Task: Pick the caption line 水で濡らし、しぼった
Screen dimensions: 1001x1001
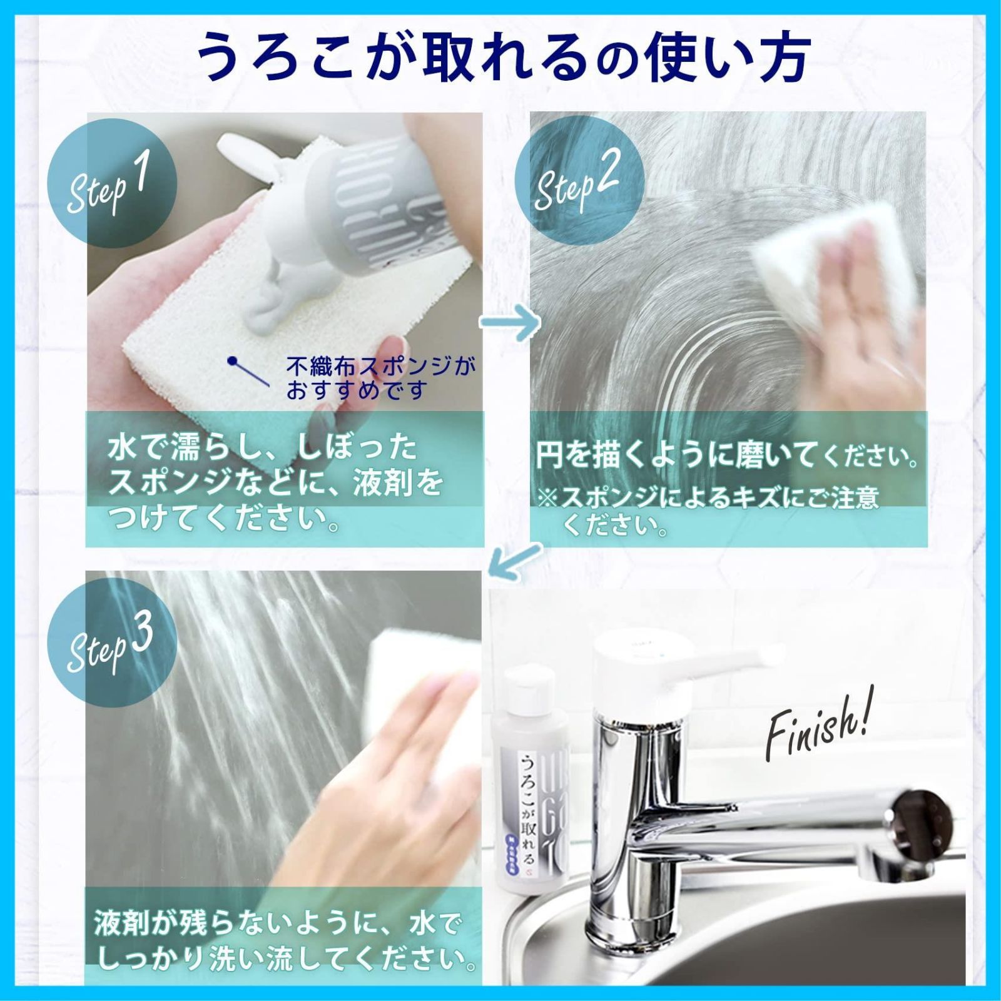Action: [263, 449]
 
